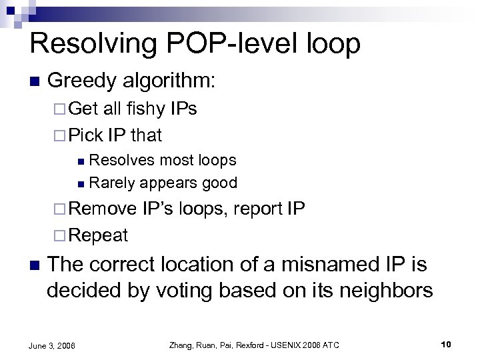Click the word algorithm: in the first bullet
coord(171,81)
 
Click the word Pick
coord(86,135)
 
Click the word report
coord(256,209)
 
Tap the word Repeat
coord(98,235)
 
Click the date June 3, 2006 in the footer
coord(53,345)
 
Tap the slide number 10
coord(446,345)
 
